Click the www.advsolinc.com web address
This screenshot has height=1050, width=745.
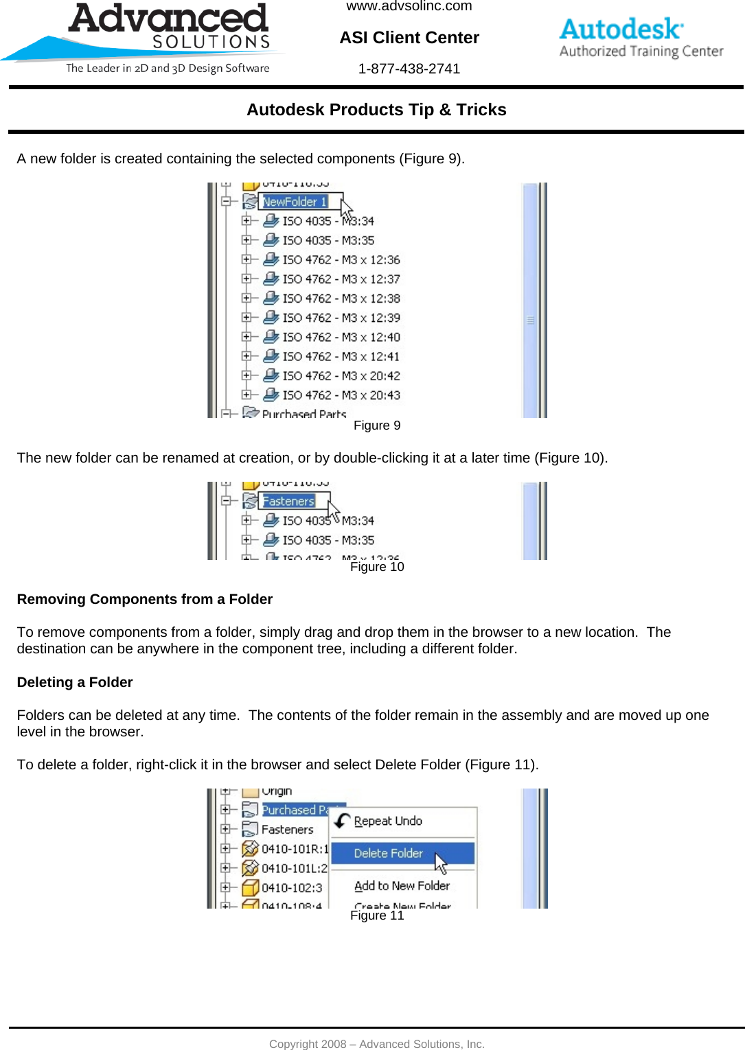409,7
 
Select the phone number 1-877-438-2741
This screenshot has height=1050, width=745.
409,69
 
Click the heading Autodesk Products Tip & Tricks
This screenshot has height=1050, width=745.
376,110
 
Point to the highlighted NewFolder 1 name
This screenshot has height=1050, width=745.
295,202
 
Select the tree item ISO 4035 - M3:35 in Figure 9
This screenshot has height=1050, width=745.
328,240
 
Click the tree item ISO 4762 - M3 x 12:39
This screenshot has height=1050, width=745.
341,318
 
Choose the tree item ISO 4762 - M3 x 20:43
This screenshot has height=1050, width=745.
341,395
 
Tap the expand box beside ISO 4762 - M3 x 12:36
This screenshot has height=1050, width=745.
247,259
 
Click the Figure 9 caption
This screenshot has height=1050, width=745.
377,425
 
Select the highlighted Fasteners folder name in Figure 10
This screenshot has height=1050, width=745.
289,502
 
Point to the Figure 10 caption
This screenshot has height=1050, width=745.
377,567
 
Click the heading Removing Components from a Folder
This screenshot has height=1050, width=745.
145,599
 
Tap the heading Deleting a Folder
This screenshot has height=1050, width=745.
75,682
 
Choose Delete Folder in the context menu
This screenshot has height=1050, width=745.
389,853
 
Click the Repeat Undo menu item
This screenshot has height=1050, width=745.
388,821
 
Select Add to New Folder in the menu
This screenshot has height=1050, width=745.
402,886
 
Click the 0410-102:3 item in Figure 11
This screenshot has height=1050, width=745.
292,887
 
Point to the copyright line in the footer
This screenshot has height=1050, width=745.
376,1044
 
